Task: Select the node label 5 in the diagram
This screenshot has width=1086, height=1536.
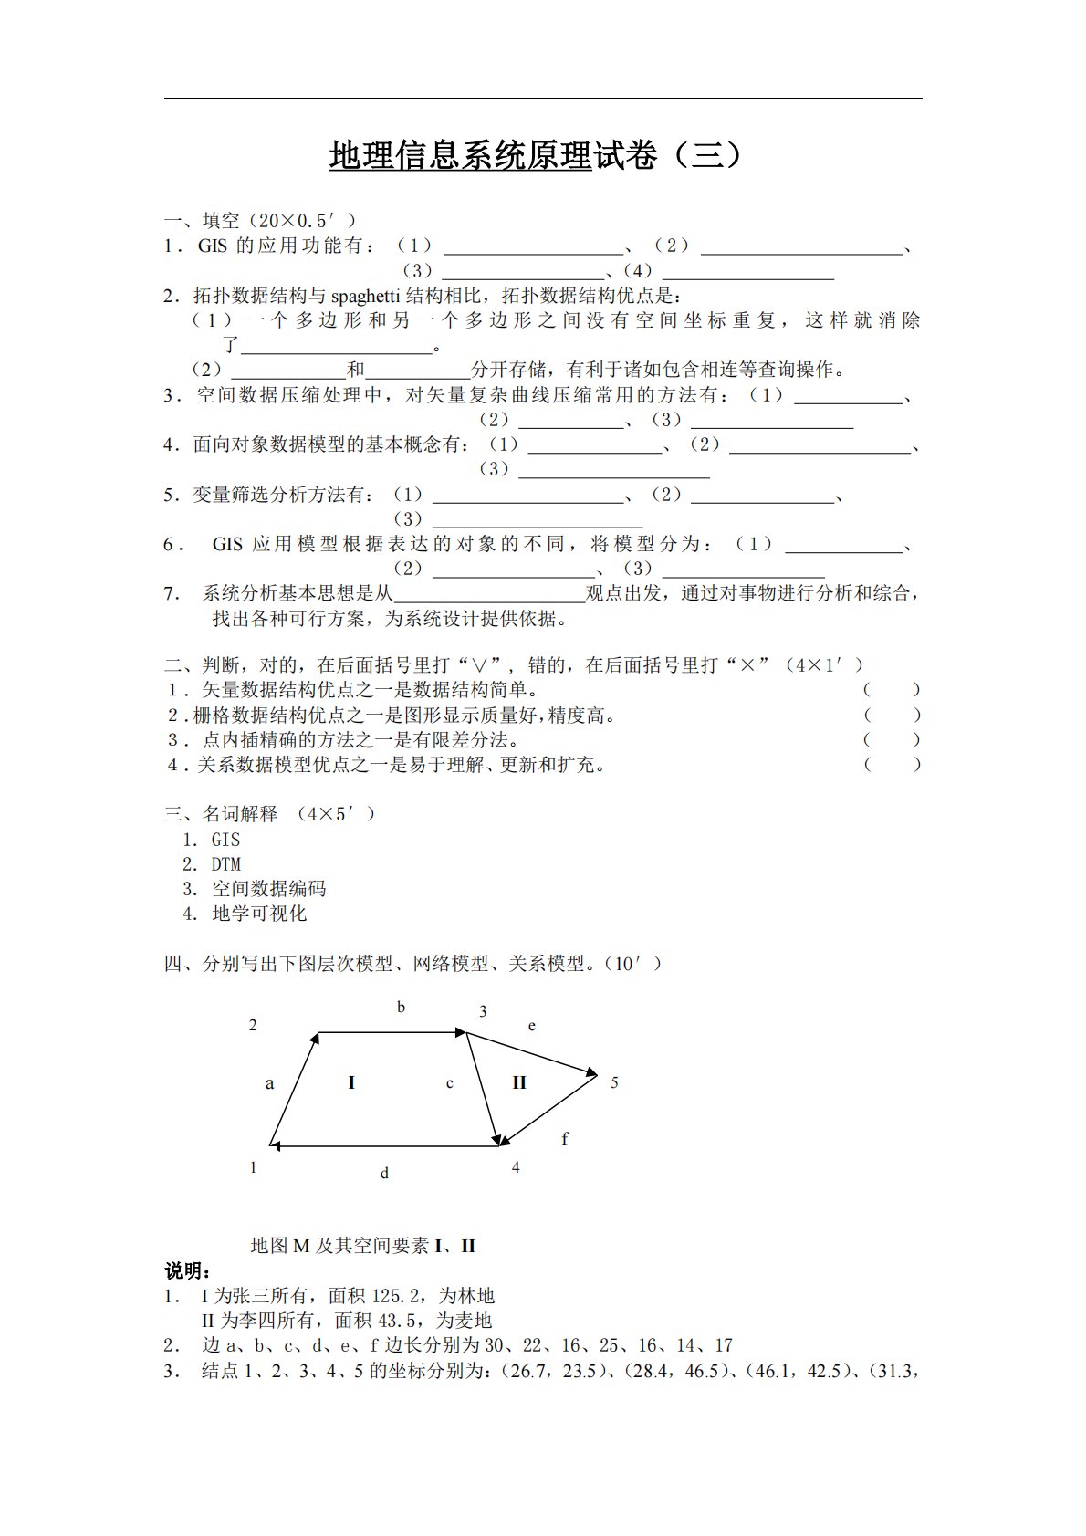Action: [x=614, y=1082]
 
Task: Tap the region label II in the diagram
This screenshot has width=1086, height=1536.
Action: [x=519, y=1082]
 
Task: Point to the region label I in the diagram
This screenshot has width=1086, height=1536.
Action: [x=351, y=1082]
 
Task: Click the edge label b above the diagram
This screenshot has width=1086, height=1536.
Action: [x=401, y=1008]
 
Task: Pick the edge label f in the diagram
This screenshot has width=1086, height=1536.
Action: [x=565, y=1139]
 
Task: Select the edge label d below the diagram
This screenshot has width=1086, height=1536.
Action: [x=384, y=1173]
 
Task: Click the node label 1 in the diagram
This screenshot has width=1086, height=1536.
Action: [x=254, y=1167]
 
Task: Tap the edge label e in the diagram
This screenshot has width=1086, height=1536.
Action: [x=532, y=1026]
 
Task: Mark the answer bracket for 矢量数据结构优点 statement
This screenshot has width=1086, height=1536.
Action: [x=892, y=690]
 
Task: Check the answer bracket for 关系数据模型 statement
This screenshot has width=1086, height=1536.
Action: [x=892, y=765]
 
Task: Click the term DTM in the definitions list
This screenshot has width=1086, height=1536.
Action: [x=225, y=864]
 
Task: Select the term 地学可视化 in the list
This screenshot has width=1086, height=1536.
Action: [x=259, y=914]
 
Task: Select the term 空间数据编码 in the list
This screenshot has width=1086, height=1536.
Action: [x=268, y=889]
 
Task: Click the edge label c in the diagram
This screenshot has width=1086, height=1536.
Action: [x=450, y=1083]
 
